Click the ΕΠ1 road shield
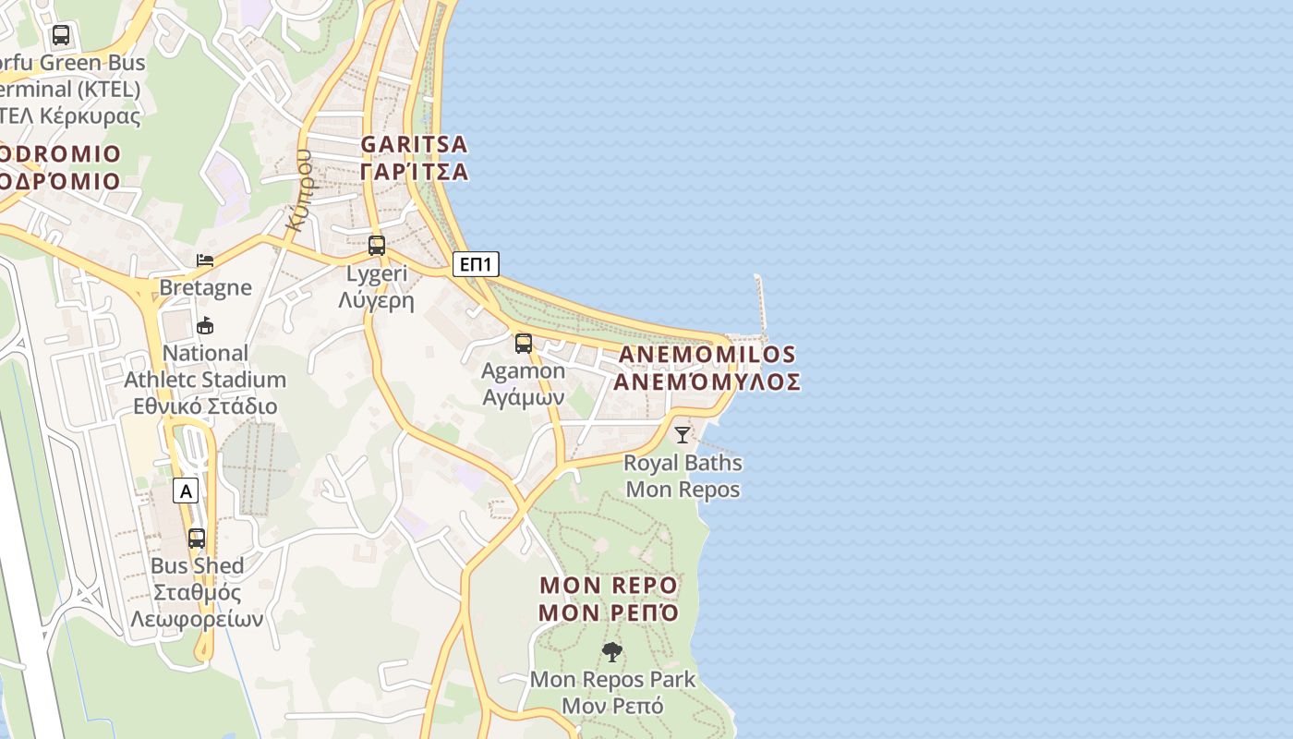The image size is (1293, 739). [476, 265]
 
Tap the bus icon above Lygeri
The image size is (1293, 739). [377, 246]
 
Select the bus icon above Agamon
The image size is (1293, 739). [524, 344]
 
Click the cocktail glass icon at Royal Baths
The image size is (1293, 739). [683, 434]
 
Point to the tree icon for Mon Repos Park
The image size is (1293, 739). [611, 652]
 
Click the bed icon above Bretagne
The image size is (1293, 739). [205, 260]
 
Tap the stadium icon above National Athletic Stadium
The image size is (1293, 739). [205, 325]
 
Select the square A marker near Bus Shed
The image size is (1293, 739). [186, 491]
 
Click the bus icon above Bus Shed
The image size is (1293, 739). [197, 538]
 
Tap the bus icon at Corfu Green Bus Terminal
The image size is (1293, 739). [61, 36]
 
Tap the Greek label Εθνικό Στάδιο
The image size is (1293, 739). [205, 406]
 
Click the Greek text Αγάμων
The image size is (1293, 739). [524, 397]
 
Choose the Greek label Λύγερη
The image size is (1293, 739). [377, 300]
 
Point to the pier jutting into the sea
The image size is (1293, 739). [762, 305]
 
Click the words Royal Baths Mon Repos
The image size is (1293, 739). [683, 476]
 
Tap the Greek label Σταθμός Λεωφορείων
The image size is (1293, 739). [197, 605]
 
